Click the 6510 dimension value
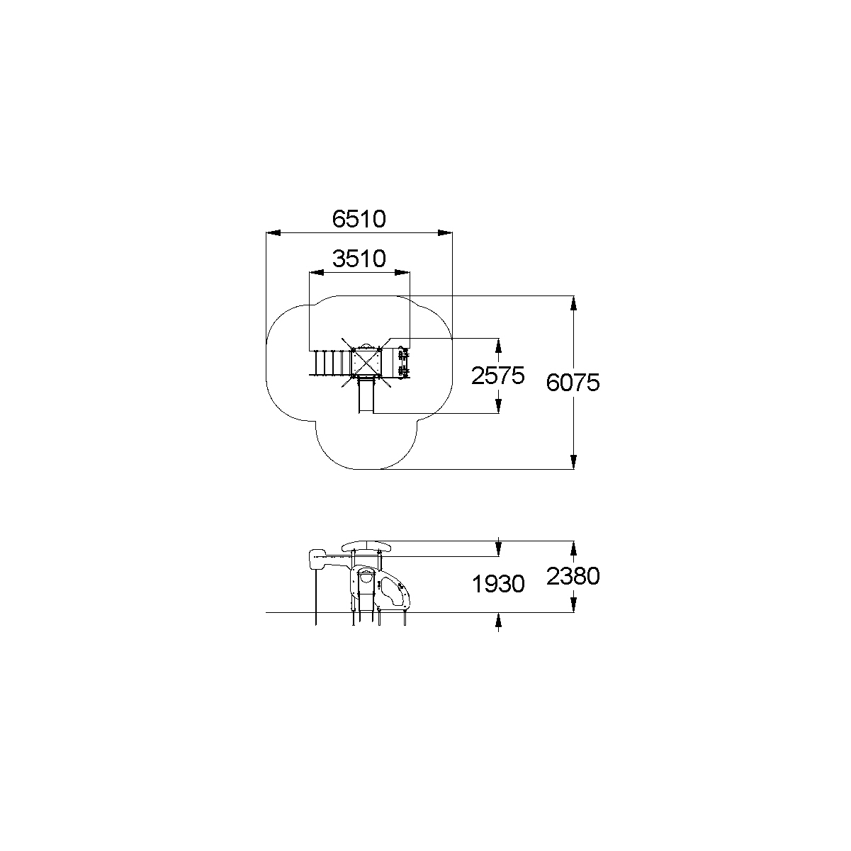(359, 219)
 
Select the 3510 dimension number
(359, 259)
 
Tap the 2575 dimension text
(497, 376)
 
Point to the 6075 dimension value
(573, 383)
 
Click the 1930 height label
(498, 584)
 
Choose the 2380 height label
(573, 576)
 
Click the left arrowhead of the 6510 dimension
(273, 232)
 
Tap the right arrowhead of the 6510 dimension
(445, 232)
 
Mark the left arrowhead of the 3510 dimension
(316, 273)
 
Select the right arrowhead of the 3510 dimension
(402, 273)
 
